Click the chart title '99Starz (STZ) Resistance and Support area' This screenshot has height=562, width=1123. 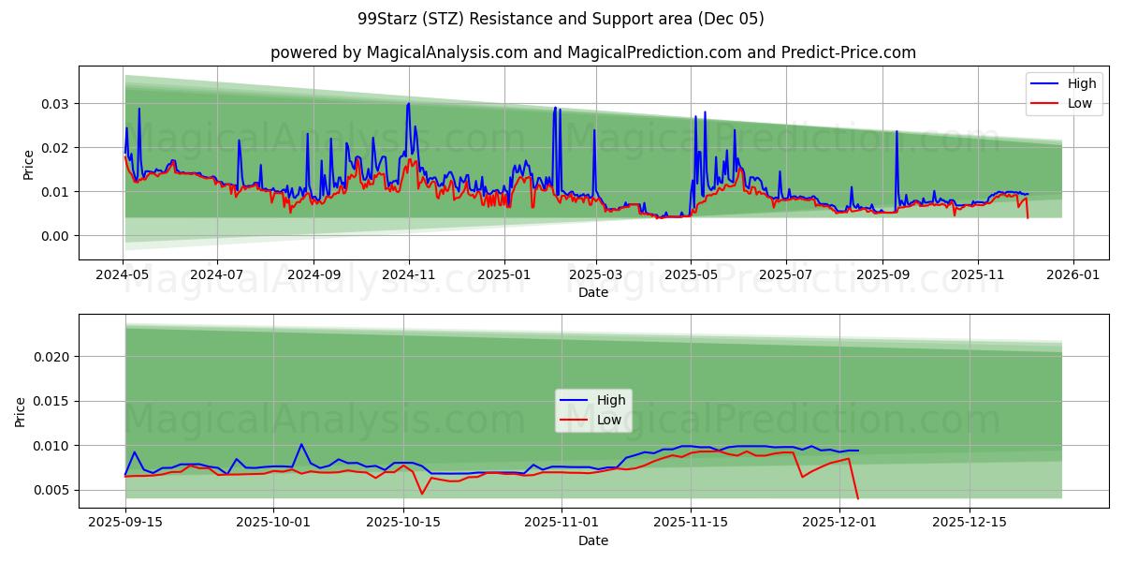pyautogui.click(x=561, y=19)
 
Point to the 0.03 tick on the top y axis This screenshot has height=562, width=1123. pyautogui.click(x=55, y=103)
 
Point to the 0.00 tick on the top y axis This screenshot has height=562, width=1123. pyautogui.click(x=55, y=236)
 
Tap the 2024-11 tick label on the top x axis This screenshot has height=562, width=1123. pyautogui.click(x=408, y=276)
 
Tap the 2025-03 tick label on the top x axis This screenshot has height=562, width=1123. pyautogui.click(x=596, y=276)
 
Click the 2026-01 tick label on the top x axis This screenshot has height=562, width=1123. pyautogui.click(x=1072, y=276)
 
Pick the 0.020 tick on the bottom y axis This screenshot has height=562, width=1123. pyautogui.click(x=51, y=357)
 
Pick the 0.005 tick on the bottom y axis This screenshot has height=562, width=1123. pyautogui.click(x=51, y=490)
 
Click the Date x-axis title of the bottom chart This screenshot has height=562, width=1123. pyautogui.click(x=593, y=541)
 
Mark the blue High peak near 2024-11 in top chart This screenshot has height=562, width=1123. pyautogui.click(x=408, y=103)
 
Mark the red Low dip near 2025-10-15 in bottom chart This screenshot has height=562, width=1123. pyautogui.click(x=422, y=494)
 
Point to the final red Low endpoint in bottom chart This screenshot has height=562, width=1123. pyautogui.click(x=857, y=498)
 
